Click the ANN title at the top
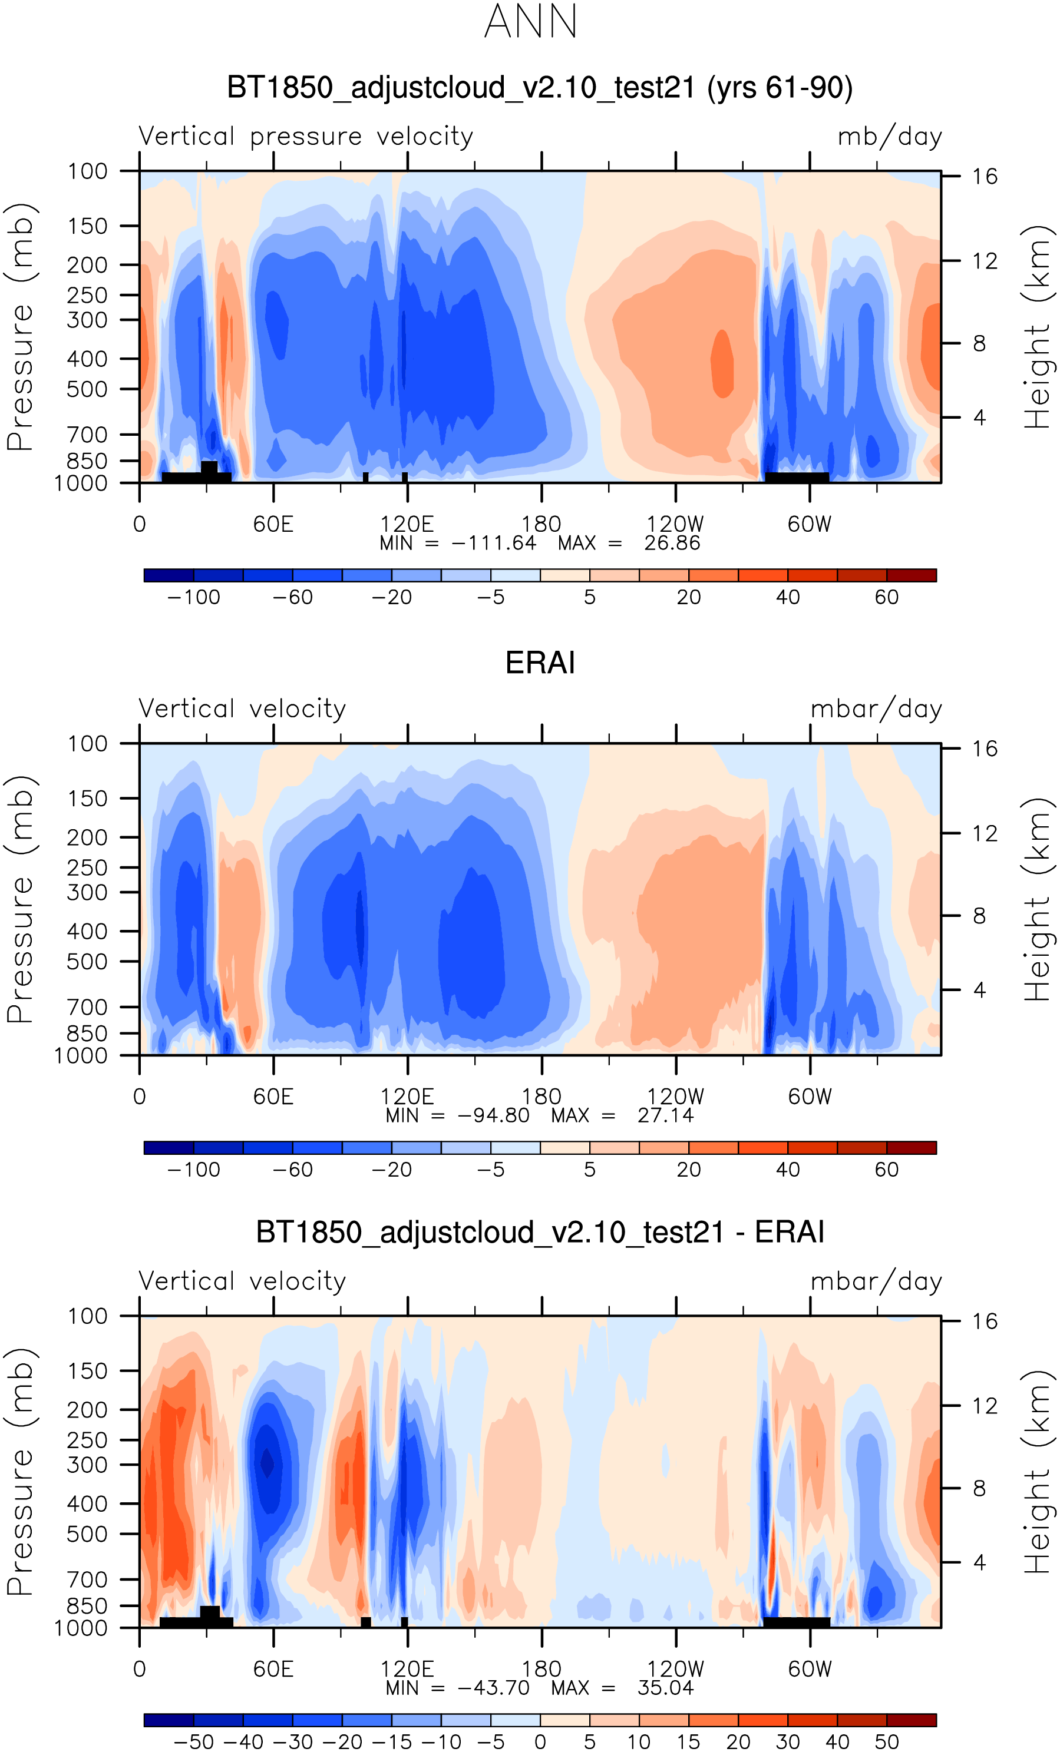530,22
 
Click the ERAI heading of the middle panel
540,663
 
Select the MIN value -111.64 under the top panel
494,543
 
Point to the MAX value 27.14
665,1115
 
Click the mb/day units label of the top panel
889,137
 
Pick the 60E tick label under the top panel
273,525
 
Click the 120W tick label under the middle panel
675,1097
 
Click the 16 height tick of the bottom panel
985,1321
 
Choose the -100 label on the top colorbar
193,597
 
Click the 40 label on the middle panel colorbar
788,1170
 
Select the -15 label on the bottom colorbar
391,1741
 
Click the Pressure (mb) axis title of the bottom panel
20,1471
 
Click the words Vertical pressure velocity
306,137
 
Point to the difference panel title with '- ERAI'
540,1232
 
